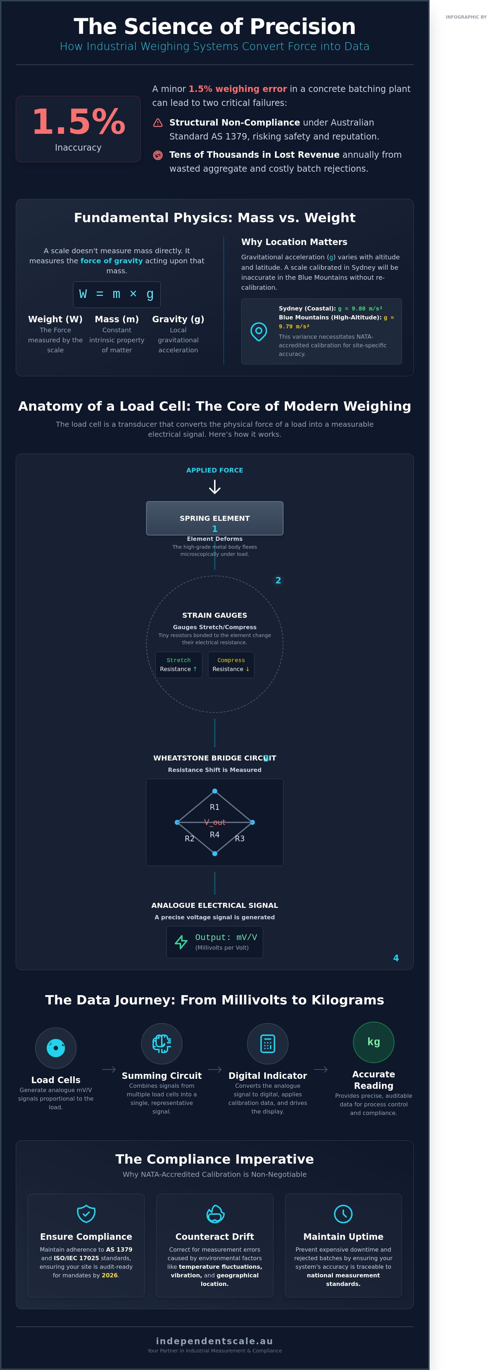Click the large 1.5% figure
[78, 122]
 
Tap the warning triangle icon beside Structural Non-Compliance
[158, 123]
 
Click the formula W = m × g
[117, 294]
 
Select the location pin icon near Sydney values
[259, 331]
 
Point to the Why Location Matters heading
[294, 242]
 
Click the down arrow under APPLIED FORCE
[214, 486]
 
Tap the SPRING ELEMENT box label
[214, 518]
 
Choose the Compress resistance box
[231, 665]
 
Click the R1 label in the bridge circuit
[214, 807]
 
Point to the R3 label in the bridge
[239, 838]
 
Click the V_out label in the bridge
[214, 822]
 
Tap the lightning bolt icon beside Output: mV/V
[181, 942]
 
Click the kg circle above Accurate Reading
[374, 1042]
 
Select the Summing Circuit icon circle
[162, 1043]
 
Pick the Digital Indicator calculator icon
[268, 1043]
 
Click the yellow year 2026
[110, 1275]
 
